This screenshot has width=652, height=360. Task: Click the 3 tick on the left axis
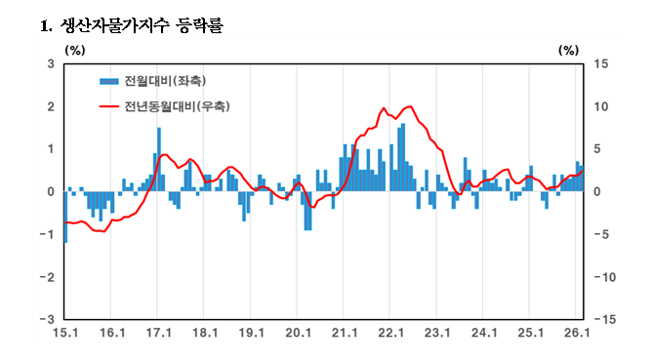point(50,64)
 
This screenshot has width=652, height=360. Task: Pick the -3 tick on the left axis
point(48,319)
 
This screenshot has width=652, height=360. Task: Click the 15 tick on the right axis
point(601,64)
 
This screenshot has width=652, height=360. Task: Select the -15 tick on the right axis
point(603,319)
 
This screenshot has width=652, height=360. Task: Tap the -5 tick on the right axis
point(600,234)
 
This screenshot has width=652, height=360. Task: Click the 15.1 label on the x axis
point(64,334)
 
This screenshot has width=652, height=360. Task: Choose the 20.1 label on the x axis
point(297,334)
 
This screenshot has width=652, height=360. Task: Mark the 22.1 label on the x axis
point(390,334)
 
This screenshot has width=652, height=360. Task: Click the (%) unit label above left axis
point(74,49)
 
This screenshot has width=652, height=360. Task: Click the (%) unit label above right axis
point(569,49)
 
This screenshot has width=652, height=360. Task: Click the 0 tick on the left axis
point(50,191)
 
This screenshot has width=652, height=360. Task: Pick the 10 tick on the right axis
point(601,106)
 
